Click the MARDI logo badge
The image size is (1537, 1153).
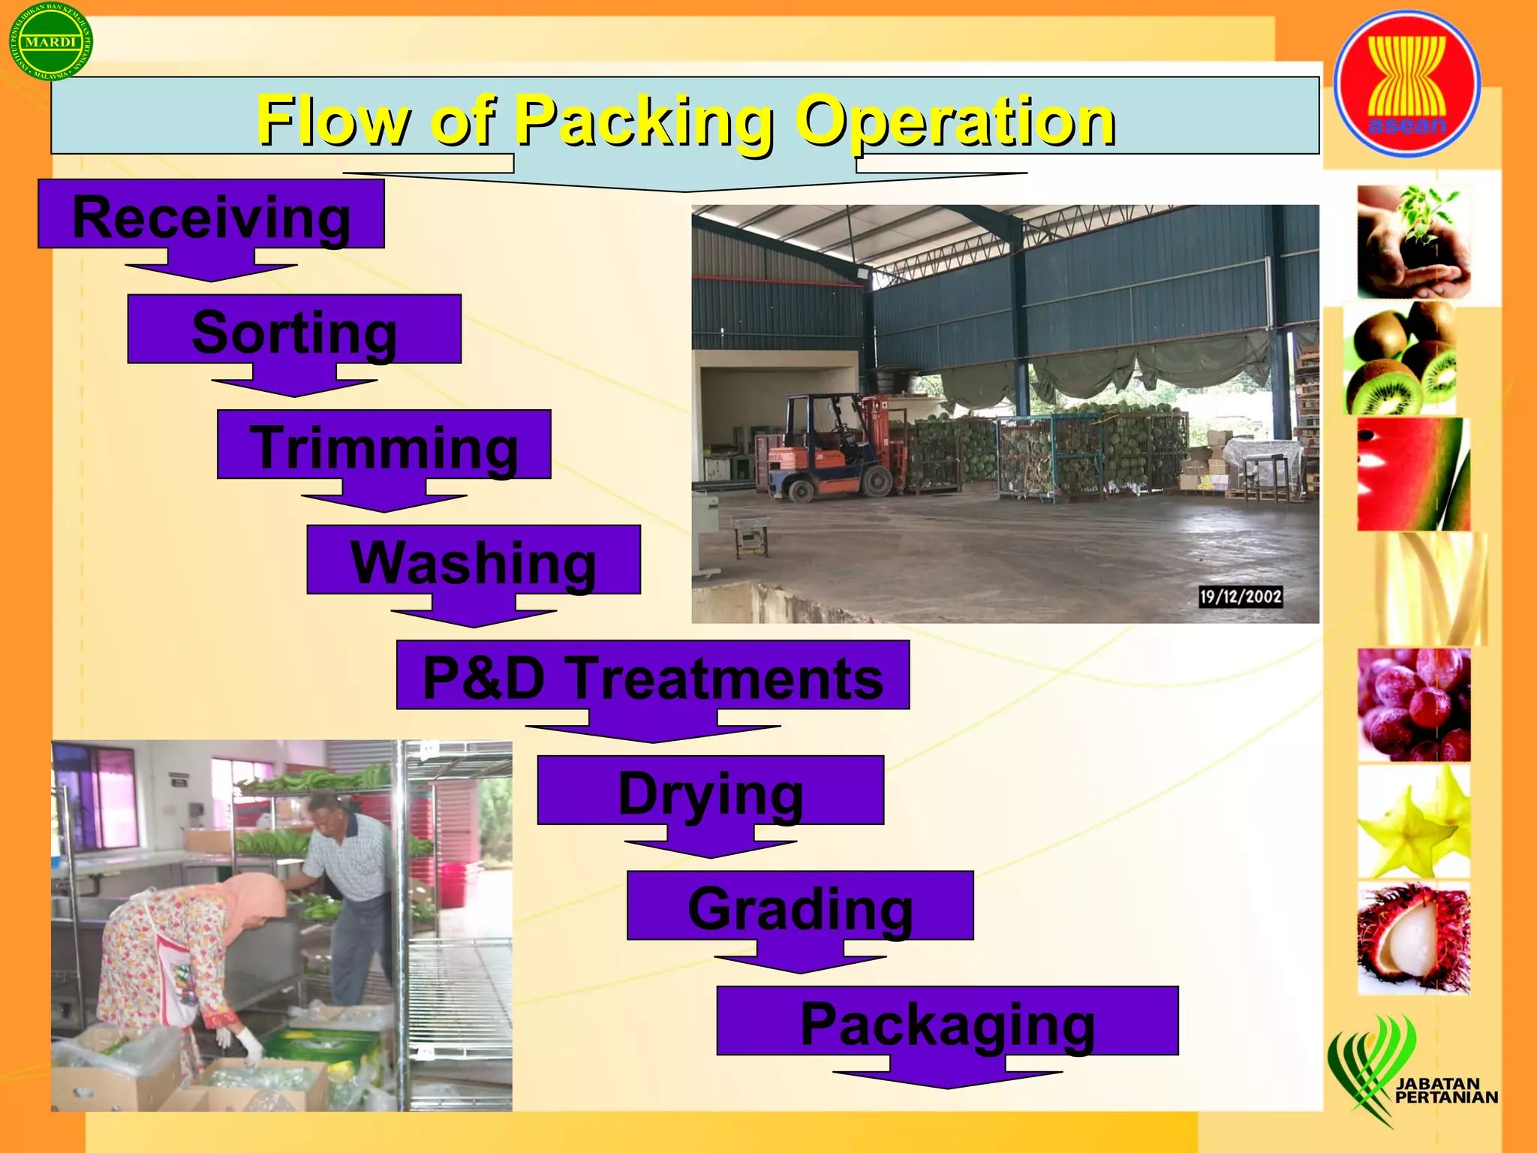50,42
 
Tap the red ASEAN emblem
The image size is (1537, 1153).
1407,83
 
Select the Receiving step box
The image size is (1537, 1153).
211,215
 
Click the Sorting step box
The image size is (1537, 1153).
294,330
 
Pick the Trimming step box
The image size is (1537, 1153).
383,445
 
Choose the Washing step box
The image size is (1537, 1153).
474,560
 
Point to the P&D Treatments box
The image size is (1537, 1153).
653,676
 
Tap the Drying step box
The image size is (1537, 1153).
710,791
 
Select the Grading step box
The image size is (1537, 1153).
800,906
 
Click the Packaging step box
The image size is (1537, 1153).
947,1022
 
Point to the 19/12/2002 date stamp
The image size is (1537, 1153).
1241,597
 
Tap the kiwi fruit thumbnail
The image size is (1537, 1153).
1400,359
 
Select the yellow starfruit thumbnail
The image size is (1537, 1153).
1413,822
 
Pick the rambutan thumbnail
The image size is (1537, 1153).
1413,938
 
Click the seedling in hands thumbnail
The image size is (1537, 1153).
1413,242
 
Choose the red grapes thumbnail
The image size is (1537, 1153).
1413,706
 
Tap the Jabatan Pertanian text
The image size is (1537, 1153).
1445,1090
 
